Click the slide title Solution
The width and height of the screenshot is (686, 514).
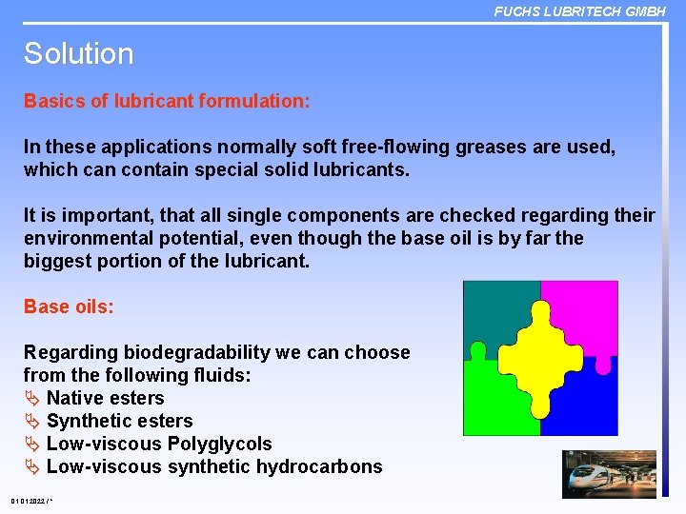[78, 53]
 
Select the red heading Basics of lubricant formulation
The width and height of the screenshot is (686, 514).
[167, 101]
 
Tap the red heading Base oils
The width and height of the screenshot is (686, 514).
[69, 306]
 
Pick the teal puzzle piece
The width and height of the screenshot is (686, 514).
[491, 309]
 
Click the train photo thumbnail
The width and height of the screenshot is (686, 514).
[610, 473]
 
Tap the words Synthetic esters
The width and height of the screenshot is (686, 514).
[119, 421]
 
